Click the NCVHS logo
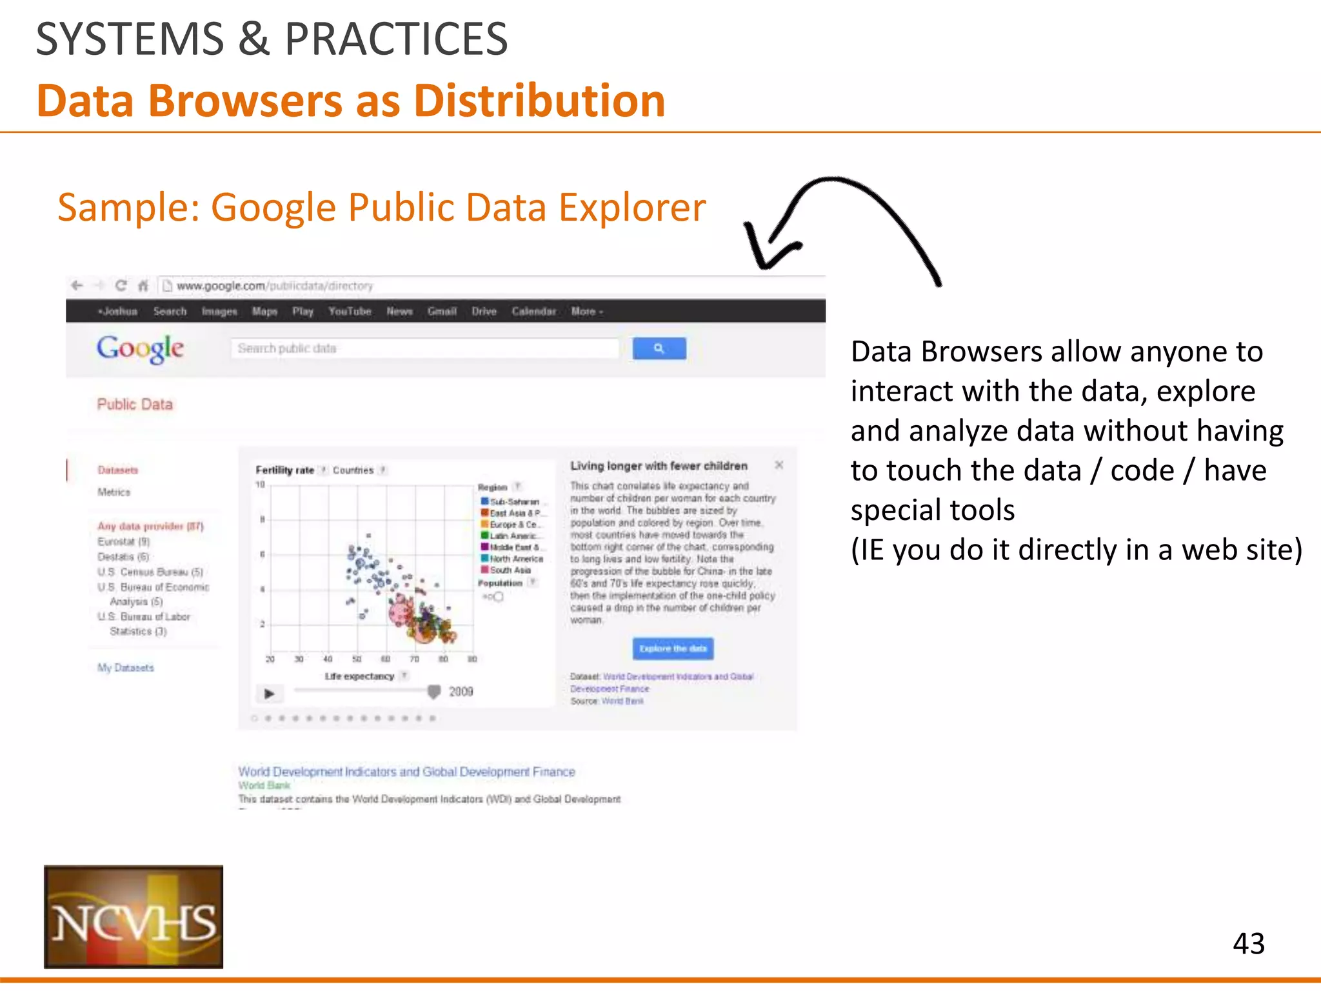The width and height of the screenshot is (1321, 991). (134, 917)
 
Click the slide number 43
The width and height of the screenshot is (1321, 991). (1248, 944)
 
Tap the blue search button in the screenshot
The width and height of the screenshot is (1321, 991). (659, 348)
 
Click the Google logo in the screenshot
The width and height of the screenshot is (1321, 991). (140, 349)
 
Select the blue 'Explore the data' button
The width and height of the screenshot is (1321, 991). (673, 648)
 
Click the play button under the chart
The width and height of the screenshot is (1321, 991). (270, 694)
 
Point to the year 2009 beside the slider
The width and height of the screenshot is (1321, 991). (461, 692)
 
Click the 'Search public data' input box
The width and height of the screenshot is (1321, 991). (424, 348)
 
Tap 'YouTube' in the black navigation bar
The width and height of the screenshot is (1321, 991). (350, 312)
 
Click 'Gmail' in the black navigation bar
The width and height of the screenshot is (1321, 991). (442, 312)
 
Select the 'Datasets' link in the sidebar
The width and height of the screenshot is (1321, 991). (118, 470)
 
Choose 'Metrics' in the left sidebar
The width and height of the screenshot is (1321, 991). (114, 492)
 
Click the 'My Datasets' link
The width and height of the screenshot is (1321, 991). (126, 668)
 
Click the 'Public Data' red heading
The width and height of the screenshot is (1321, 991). (135, 405)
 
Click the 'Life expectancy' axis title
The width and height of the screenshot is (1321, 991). (359, 676)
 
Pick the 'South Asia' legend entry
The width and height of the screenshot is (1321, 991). (510, 570)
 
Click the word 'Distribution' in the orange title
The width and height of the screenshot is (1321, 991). (539, 101)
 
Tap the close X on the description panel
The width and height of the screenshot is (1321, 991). (779, 465)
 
